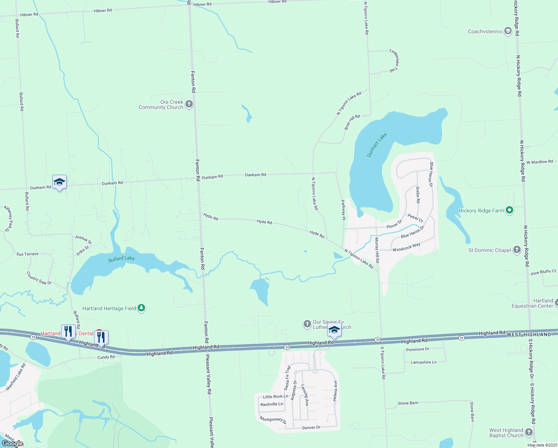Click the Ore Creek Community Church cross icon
[189, 104]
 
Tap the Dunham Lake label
[377, 145]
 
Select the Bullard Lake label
[122, 259]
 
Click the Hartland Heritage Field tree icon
[141, 308]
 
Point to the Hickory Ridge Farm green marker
[510, 211]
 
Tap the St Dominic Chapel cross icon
[517, 250]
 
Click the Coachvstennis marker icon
[508, 31]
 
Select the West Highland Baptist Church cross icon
[529, 433]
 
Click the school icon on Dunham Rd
[59, 182]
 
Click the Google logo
[12, 444]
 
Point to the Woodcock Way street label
[406, 247]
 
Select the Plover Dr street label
[394, 224]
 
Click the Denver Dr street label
[311, 427]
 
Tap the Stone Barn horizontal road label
[408, 403]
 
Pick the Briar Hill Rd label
[352, 122]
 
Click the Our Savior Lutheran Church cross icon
[307, 324]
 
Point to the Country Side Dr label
[39, 278]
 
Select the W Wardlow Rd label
[540, 162]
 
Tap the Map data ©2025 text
[542, 445]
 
